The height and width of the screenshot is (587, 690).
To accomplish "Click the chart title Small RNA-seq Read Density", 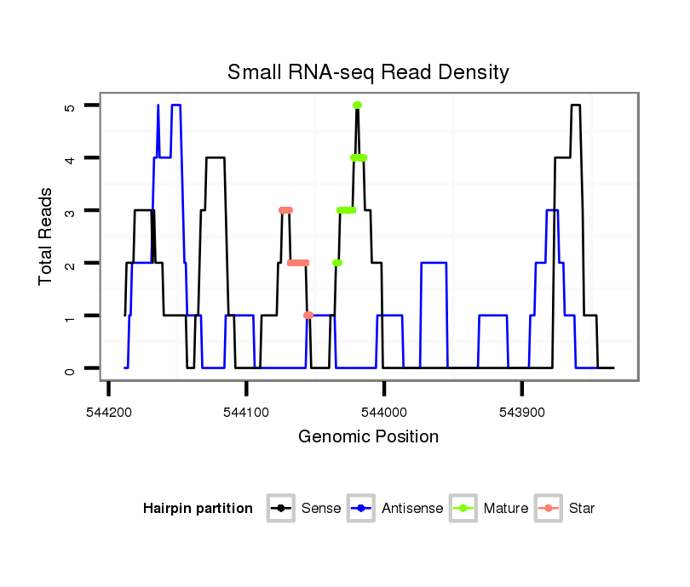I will click(368, 72).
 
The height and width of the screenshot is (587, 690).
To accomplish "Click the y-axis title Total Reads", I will click(47, 237).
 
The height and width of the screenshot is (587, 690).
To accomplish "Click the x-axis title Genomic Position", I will click(368, 437).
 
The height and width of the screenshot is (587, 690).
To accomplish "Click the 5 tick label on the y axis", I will click(70, 105).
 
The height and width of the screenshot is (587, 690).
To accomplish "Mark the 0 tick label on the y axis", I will click(70, 369).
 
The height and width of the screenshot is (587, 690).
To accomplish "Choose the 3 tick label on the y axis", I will click(70, 211).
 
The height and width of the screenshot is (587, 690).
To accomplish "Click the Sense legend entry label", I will click(321, 509).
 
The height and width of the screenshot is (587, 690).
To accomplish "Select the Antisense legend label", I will click(412, 509).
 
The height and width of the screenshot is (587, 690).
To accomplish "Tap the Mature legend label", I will click(506, 509).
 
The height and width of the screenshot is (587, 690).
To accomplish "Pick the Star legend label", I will click(582, 509).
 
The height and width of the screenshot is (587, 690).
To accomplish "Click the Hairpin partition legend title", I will click(198, 509).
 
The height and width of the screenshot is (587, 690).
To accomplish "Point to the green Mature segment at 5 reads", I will click(357, 105).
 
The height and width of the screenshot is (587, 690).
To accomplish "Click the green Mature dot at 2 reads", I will click(337, 264).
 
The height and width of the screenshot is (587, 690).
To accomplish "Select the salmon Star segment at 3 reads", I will click(285, 211).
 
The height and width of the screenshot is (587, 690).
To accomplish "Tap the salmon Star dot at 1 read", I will click(308, 316).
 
